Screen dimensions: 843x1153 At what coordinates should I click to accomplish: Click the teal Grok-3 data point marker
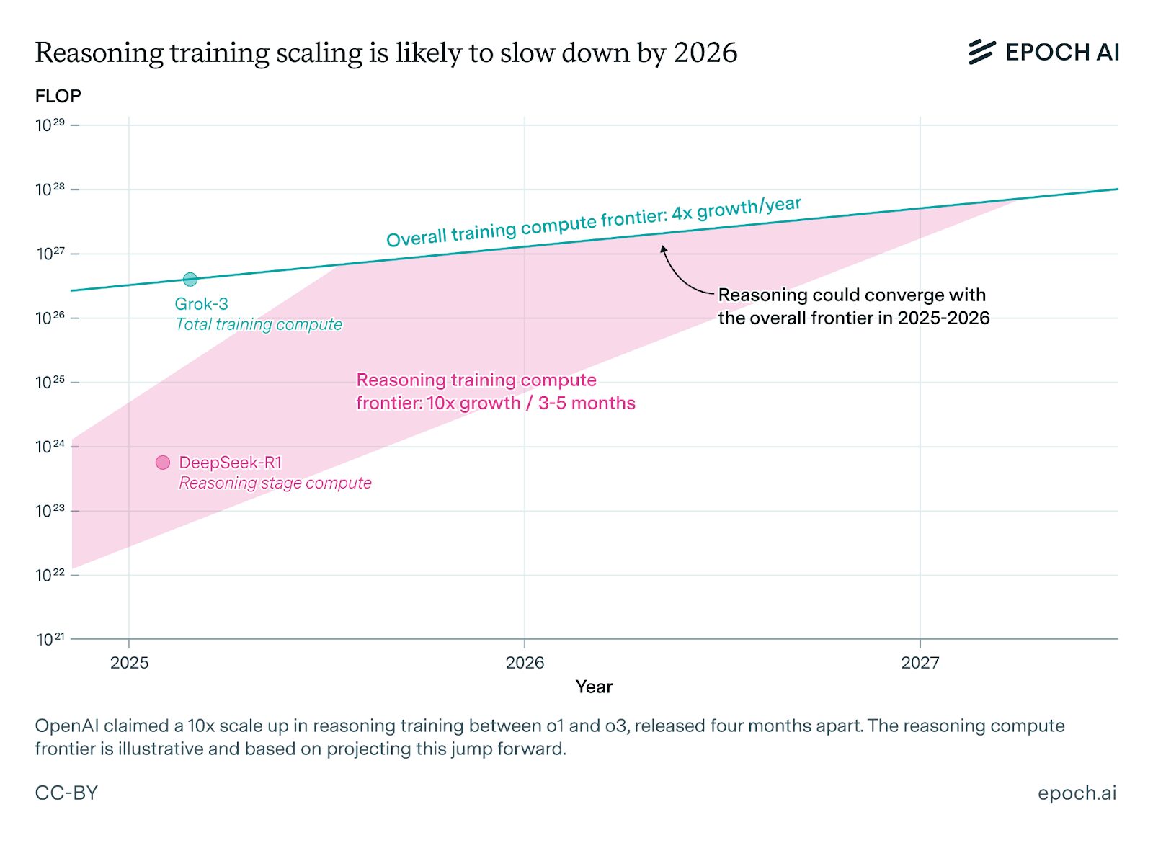190,279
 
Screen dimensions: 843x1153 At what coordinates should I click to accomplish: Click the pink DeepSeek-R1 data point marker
163,463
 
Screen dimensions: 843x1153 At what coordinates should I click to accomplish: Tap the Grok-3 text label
201,304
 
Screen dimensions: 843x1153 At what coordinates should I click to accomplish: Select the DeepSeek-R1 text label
230,463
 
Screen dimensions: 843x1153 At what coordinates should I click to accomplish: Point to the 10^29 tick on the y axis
50,125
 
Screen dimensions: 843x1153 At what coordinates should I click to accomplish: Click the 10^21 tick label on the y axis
50,639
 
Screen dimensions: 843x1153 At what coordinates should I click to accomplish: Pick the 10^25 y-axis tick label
50,383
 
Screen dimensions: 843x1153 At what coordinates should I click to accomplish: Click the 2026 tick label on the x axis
525,663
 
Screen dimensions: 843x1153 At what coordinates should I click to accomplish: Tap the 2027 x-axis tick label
920,663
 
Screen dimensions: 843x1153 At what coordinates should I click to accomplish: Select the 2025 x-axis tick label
130,663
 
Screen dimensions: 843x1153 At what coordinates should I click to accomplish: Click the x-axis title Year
594,687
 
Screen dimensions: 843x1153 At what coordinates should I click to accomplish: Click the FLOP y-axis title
58,96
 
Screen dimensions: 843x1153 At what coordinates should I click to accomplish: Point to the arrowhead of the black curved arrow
664,249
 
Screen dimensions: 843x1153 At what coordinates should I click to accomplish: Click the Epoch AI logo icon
981,52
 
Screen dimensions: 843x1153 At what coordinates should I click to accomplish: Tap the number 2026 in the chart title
705,53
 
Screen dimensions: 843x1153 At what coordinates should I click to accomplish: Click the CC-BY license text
66,793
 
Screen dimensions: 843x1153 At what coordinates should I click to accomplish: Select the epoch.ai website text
1077,793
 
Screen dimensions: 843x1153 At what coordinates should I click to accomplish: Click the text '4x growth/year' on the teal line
736,210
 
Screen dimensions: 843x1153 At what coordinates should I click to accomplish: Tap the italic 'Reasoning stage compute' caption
275,483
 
